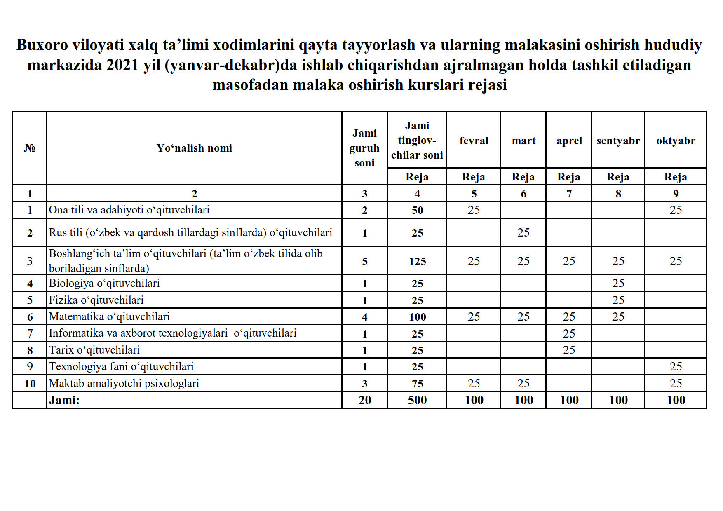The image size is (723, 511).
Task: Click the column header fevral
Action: pos(474,141)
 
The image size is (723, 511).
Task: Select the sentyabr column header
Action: pos(618,141)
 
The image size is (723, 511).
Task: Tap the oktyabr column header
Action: pos(675,141)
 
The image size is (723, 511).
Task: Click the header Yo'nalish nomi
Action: pos(194,148)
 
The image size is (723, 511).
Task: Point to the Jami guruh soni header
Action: pos(364,148)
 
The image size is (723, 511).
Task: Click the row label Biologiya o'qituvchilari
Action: pos(104,283)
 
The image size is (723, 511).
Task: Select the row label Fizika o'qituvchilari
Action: pos(96,300)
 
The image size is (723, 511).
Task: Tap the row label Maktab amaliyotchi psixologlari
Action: pos(124,383)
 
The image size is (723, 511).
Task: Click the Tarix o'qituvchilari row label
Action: pos(94,350)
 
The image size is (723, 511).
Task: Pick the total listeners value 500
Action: pos(417,400)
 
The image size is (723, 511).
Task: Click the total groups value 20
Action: pos(364,400)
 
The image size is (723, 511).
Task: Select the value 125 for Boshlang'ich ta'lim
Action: pos(417,261)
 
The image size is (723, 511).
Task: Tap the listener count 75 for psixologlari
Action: pos(417,384)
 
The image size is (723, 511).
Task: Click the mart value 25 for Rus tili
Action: pos(523,232)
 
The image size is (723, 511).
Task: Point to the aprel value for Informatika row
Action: pos(569,333)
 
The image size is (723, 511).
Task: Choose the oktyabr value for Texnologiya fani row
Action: pos(675,366)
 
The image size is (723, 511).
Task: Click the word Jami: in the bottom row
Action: pos(64,400)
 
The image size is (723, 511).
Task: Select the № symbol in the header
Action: pos(30,148)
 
